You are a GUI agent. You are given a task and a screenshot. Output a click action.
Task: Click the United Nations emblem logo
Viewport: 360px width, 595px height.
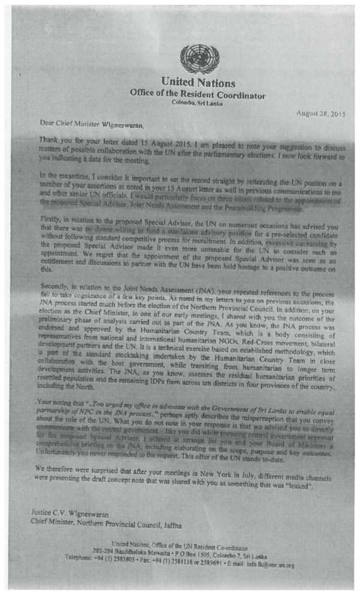click(x=199, y=59)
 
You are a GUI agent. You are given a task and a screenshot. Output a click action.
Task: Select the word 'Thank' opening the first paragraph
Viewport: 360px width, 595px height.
click(x=49, y=139)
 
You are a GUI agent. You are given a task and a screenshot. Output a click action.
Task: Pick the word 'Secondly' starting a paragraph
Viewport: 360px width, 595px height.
click(x=52, y=289)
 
